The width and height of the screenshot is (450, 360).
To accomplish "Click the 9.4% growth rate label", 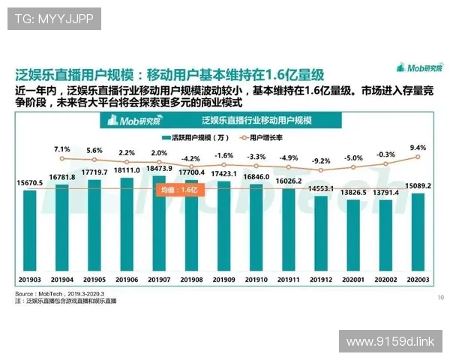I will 418,148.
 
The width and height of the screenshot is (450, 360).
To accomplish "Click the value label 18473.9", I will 159,169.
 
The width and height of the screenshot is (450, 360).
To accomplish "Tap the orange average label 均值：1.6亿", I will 176,190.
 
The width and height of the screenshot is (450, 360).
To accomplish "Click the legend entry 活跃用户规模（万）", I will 190,138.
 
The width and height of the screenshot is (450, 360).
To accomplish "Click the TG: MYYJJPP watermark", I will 54,19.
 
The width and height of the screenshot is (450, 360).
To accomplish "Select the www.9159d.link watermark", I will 390,341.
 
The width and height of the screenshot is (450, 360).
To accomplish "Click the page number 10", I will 439,298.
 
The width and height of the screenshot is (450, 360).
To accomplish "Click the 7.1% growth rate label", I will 61,148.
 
